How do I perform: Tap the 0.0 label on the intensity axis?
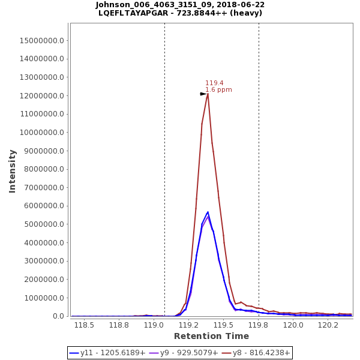(59, 316)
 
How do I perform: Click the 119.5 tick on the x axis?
(224, 325)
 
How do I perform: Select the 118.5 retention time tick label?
(84, 325)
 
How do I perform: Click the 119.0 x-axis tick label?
(154, 325)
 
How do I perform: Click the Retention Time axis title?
(211, 336)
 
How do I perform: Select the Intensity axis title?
(12, 171)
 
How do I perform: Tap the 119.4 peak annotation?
(214, 83)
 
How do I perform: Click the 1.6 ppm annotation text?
(218, 90)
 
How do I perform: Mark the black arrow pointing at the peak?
(203, 94)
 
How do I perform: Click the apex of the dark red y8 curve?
(208, 94)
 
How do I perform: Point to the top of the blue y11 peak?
(208, 212)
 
